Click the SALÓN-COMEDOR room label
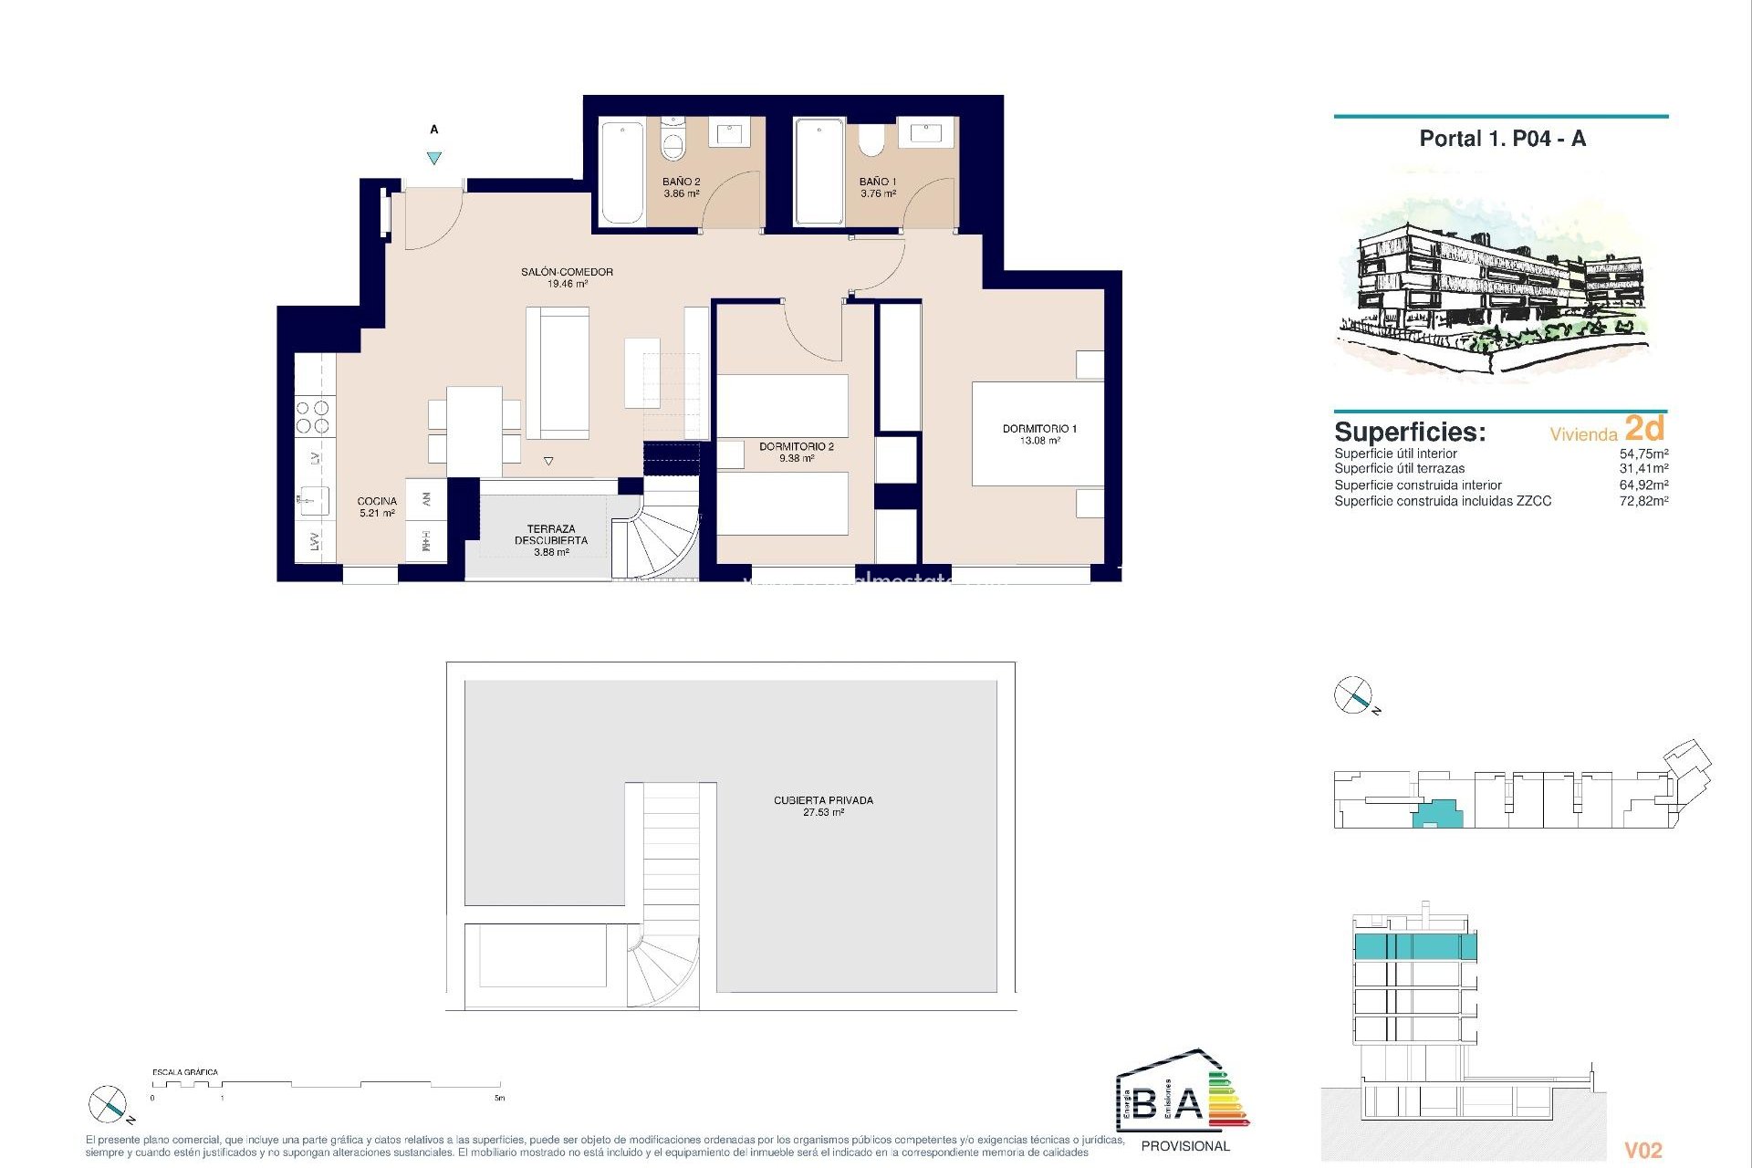(x=567, y=272)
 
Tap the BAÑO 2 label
(x=681, y=182)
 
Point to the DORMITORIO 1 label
(x=1039, y=428)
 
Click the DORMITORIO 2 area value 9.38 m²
(x=796, y=459)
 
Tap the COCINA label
(x=377, y=501)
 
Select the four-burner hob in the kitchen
(x=314, y=417)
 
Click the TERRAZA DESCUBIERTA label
(x=551, y=535)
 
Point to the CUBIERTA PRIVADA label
(x=823, y=800)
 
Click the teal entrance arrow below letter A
(x=434, y=158)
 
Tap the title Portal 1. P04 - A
(x=1502, y=139)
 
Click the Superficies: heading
(x=1410, y=432)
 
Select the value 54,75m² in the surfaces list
(x=1643, y=454)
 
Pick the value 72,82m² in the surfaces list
(x=1643, y=501)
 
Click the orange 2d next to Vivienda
(x=1644, y=428)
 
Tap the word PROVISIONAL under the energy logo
(x=1185, y=1146)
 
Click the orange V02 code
(x=1643, y=1151)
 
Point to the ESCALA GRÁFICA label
(x=185, y=1072)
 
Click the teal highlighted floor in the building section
(x=1414, y=946)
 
